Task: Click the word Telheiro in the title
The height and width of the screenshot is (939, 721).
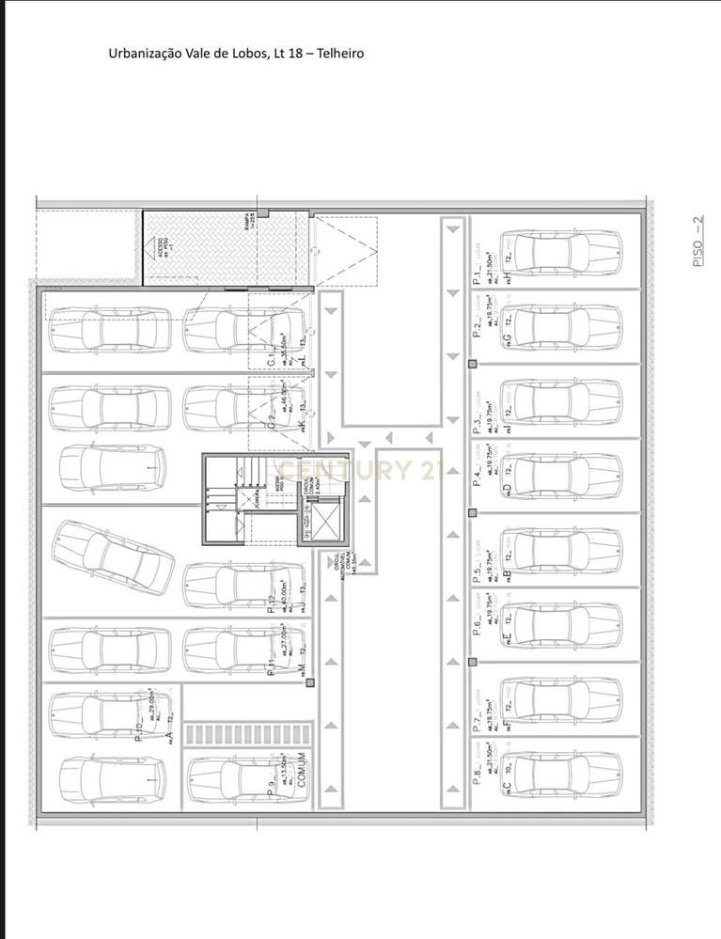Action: (x=338, y=54)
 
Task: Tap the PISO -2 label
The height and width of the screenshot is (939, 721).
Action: (x=697, y=243)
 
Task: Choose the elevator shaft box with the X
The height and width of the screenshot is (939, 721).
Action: (x=321, y=522)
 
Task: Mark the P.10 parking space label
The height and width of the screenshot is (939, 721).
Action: (x=140, y=728)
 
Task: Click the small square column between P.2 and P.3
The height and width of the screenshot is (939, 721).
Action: (x=472, y=364)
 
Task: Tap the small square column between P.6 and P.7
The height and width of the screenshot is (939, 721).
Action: (x=472, y=664)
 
